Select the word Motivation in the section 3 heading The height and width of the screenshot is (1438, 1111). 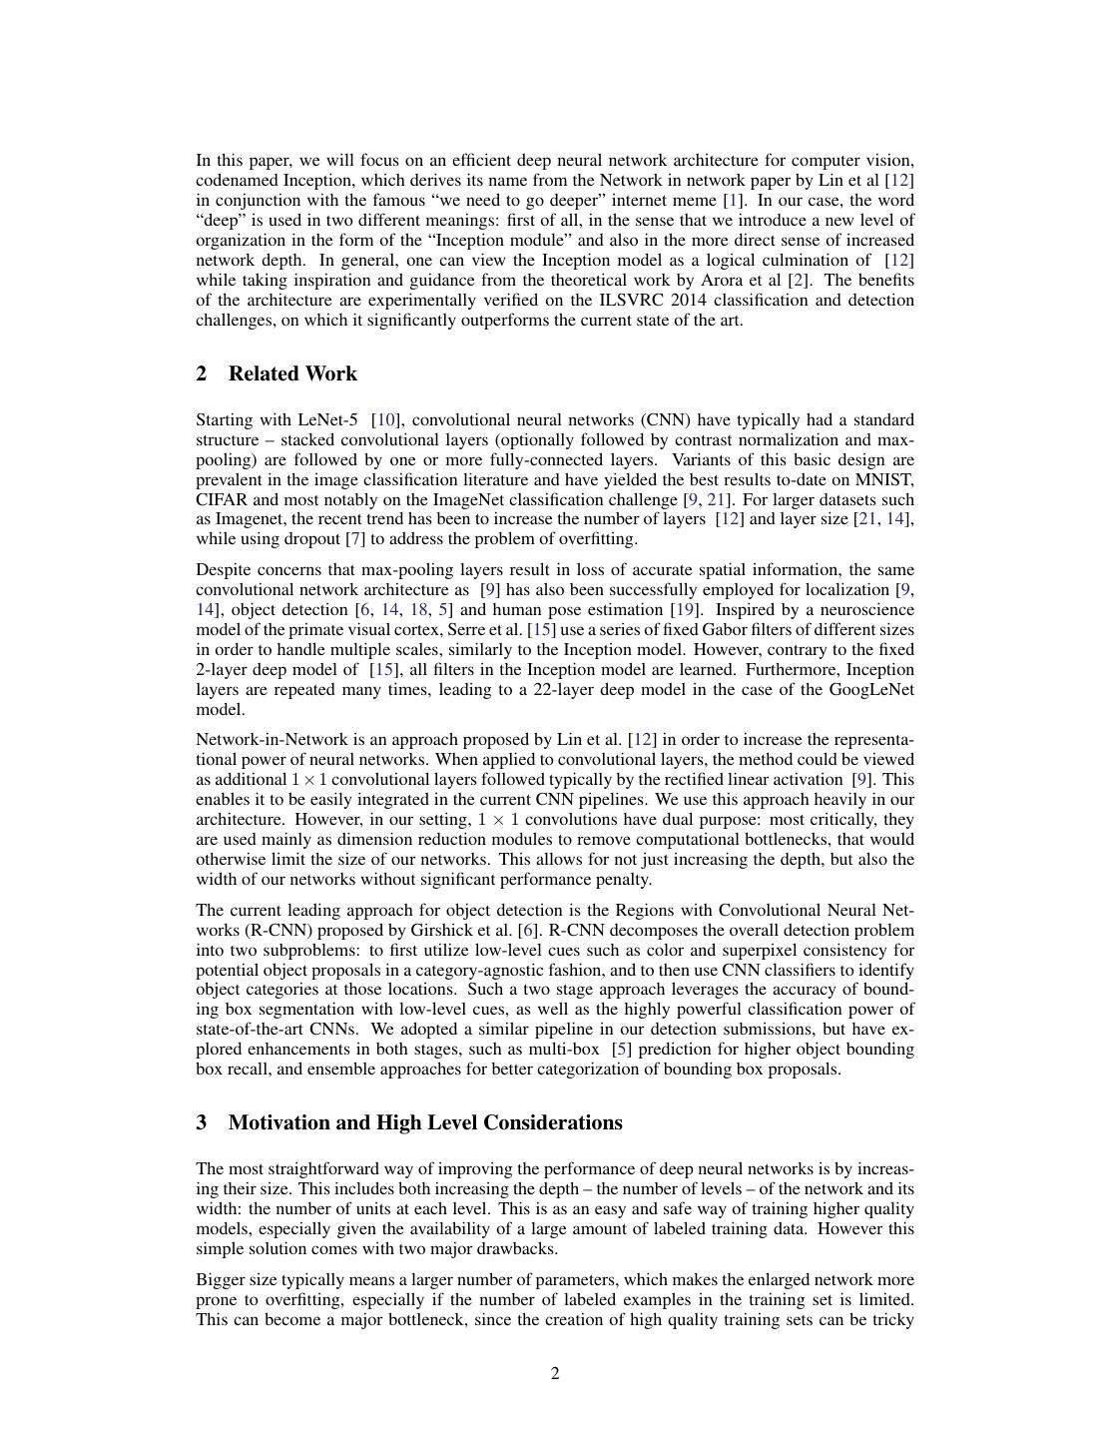point(278,1122)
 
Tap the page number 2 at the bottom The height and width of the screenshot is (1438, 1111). point(555,1373)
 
